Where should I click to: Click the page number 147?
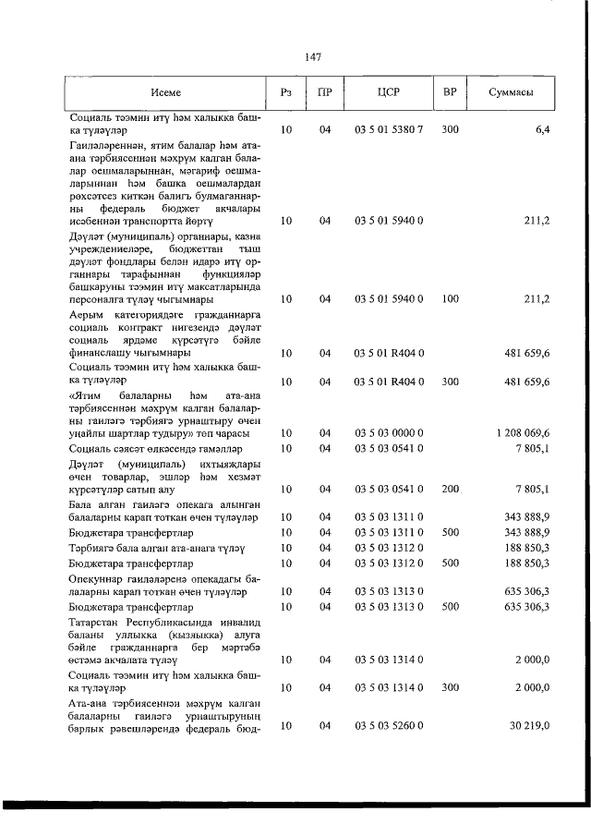[311, 57]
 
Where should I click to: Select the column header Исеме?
[166, 92]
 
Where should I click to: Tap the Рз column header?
[286, 92]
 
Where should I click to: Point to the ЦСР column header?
[388, 92]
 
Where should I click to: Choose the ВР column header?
[450, 92]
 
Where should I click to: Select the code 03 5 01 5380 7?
[388, 129]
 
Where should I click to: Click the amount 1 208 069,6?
[523, 432]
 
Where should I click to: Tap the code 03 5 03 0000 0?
[388, 432]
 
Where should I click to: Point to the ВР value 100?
[450, 299]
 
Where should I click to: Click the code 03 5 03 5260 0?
[388, 727]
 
